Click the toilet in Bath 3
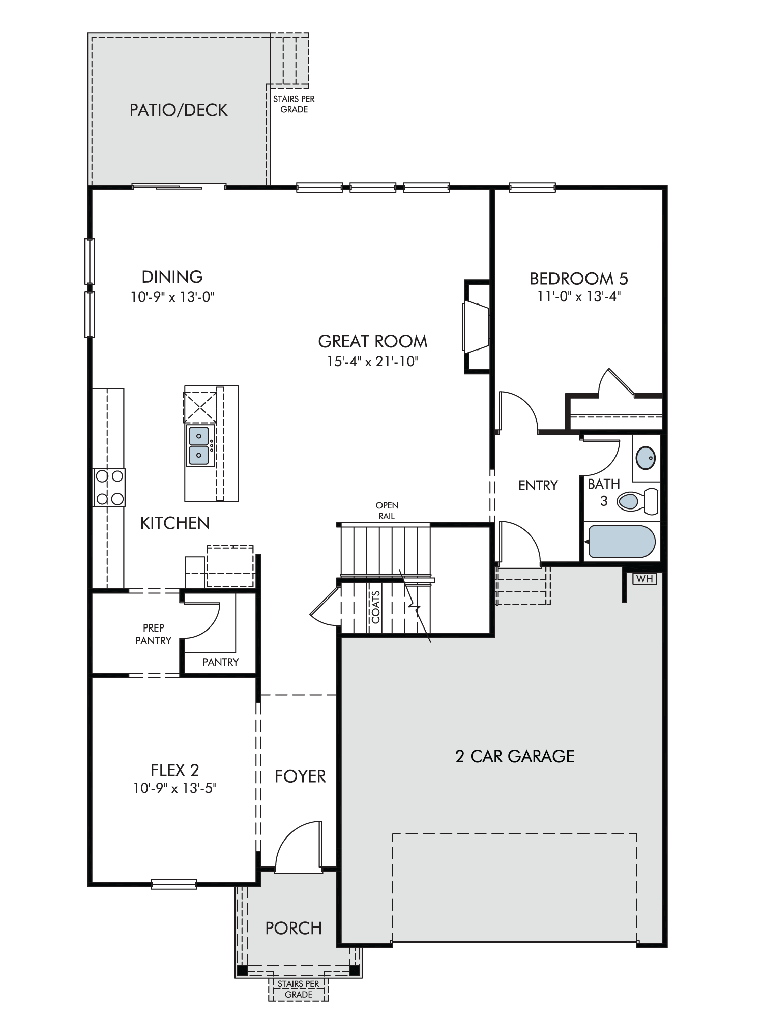(x=637, y=501)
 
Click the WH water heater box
(x=644, y=579)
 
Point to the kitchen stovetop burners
(x=109, y=487)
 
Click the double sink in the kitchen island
(x=198, y=446)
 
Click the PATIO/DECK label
(x=179, y=110)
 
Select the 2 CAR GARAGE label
(x=515, y=756)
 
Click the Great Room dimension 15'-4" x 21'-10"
(x=373, y=362)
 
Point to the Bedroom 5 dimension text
(x=579, y=296)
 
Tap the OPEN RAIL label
(x=387, y=511)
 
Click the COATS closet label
(x=376, y=607)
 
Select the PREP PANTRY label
(x=153, y=634)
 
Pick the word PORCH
(x=294, y=929)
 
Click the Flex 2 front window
(x=174, y=884)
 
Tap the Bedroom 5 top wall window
(x=533, y=188)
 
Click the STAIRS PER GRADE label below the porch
(x=299, y=989)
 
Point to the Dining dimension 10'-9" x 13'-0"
(x=172, y=297)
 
